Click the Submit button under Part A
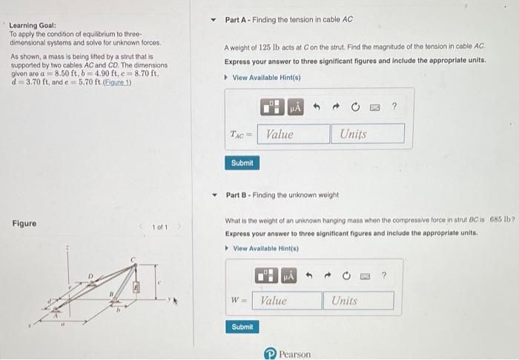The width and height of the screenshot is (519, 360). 242,162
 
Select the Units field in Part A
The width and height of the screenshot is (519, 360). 368,134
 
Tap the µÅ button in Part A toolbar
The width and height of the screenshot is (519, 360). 294,108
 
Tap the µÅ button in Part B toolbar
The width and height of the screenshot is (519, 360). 288,276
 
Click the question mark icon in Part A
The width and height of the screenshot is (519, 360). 394,108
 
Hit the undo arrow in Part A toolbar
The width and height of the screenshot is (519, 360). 318,108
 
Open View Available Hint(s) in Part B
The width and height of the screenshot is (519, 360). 263,248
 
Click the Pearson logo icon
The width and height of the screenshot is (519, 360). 271,354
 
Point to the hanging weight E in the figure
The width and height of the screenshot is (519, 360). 136,284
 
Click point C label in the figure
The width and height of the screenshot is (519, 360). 134,259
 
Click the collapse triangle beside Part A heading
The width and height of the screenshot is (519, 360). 214,20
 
